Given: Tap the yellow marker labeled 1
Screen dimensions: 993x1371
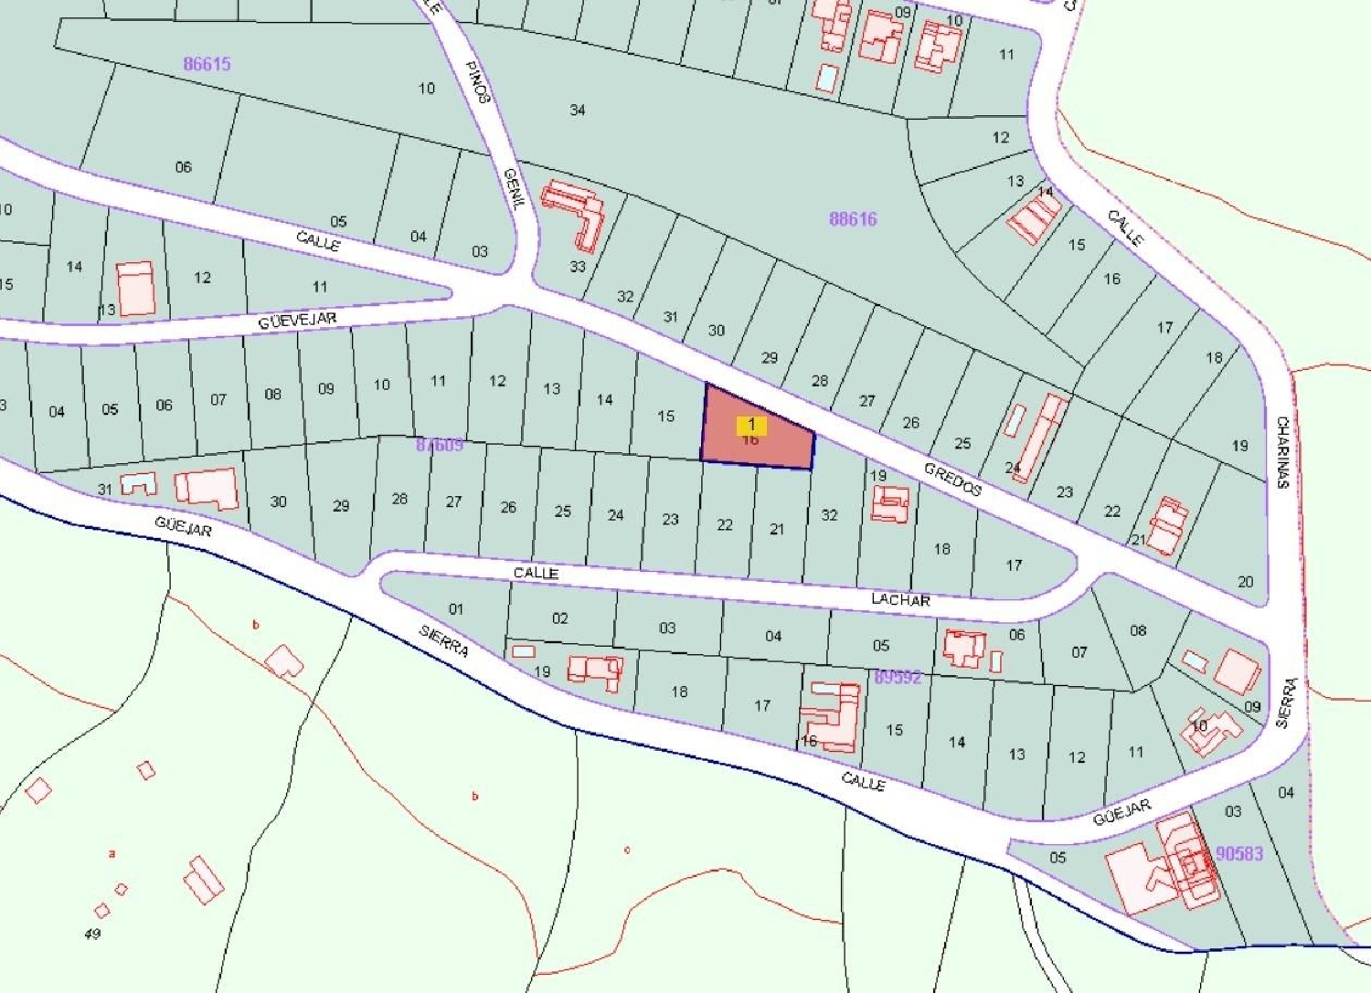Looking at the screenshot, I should tap(751, 425).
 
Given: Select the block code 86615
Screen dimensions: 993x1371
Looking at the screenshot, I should tap(207, 64).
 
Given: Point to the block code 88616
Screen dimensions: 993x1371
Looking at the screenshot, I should tap(853, 219).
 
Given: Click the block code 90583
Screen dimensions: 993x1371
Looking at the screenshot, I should tap(1239, 853).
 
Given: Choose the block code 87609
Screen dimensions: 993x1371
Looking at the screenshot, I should tap(440, 445).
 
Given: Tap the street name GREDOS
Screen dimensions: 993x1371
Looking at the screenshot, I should tap(952, 479).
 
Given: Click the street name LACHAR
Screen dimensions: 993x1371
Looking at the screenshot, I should tap(900, 599).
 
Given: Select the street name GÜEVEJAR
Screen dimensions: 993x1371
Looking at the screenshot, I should tap(297, 321).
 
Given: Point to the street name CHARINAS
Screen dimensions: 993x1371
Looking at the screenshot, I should tap(1283, 452).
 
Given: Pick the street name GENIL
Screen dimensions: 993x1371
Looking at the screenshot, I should tap(515, 189).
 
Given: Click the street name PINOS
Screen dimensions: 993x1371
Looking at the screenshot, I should tap(478, 82).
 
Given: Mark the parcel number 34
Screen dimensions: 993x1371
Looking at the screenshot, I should tap(577, 111).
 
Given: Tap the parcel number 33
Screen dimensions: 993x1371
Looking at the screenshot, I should tap(578, 267).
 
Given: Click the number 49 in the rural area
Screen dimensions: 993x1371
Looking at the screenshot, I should tap(92, 934).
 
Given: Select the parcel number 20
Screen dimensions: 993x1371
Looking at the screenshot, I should tap(1246, 581).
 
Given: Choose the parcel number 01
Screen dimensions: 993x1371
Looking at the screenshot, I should tap(456, 608).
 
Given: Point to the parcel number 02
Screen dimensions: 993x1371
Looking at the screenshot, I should tap(560, 618).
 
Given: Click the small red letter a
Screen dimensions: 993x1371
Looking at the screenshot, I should tap(112, 854).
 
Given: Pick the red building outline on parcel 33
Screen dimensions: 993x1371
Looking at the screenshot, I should tap(575, 213).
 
